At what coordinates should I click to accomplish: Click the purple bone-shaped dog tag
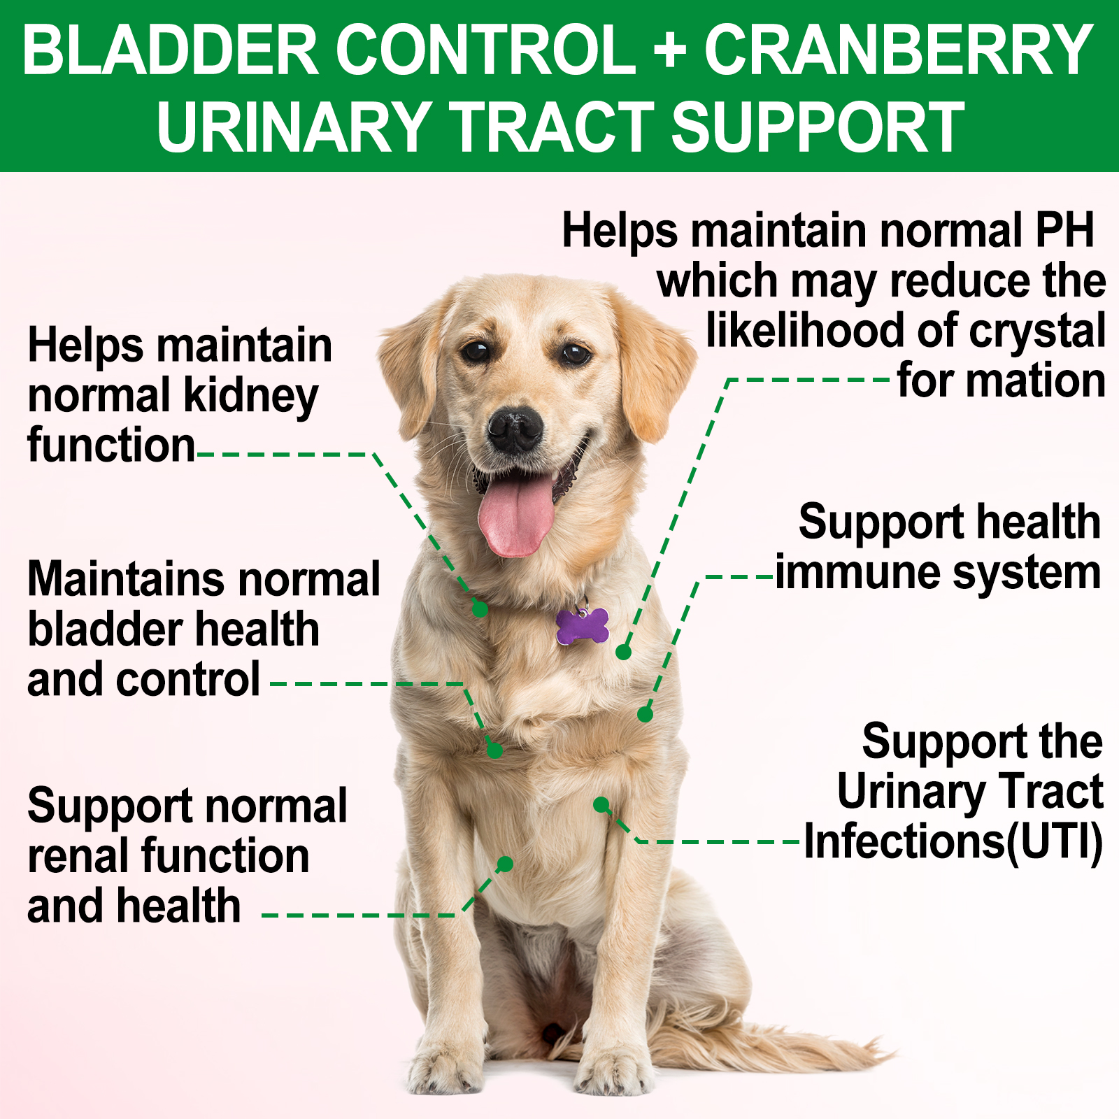click(582, 626)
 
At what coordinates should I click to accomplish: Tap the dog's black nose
click(515, 429)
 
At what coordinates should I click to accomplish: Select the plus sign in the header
click(670, 51)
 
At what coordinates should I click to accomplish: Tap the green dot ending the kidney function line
click(480, 609)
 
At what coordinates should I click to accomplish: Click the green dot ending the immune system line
click(646, 715)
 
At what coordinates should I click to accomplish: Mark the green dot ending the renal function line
click(505, 864)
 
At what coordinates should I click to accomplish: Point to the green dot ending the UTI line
click(601, 804)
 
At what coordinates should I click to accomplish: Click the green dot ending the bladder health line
click(494, 750)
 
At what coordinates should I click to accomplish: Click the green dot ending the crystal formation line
click(623, 653)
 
